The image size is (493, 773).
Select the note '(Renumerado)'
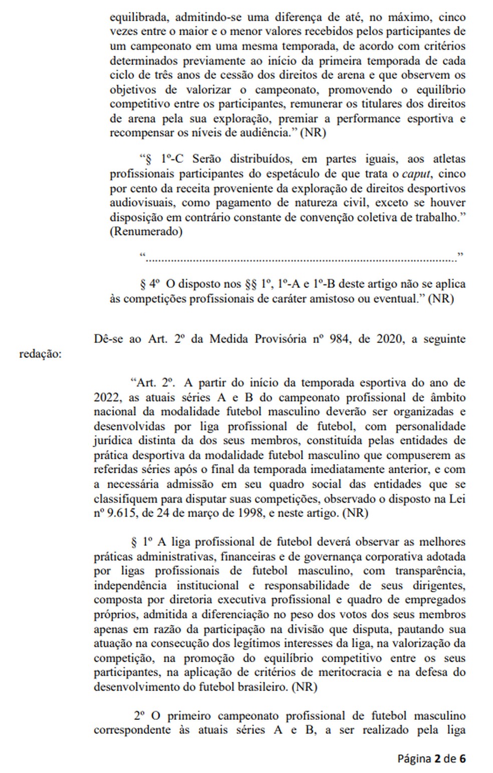tap(146, 232)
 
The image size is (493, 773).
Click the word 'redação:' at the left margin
tap(40, 353)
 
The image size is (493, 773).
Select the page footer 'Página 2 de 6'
tap(431, 758)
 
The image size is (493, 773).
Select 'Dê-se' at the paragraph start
tap(107, 338)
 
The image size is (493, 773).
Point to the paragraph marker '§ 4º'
tap(150, 284)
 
